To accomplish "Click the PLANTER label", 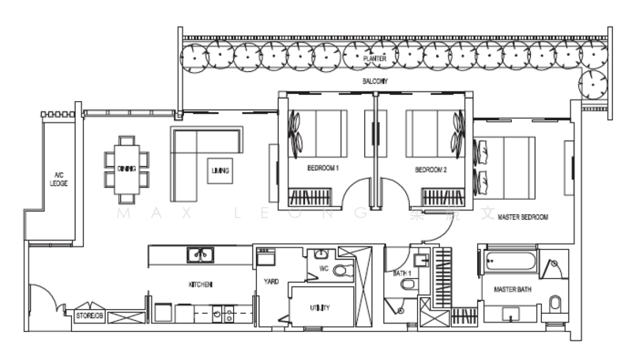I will click(374, 58).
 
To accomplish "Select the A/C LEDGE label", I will click(58, 179).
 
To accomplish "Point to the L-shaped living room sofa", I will click(190, 158).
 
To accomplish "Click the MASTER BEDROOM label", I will click(523, 216).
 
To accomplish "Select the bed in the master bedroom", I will click(506, 164).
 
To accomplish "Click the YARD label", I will click(271, 281).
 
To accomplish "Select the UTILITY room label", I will click(320, 307).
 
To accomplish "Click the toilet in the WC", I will click(340, 270).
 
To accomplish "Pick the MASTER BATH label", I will click(510, 290).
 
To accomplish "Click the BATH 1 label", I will click(402, 273).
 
